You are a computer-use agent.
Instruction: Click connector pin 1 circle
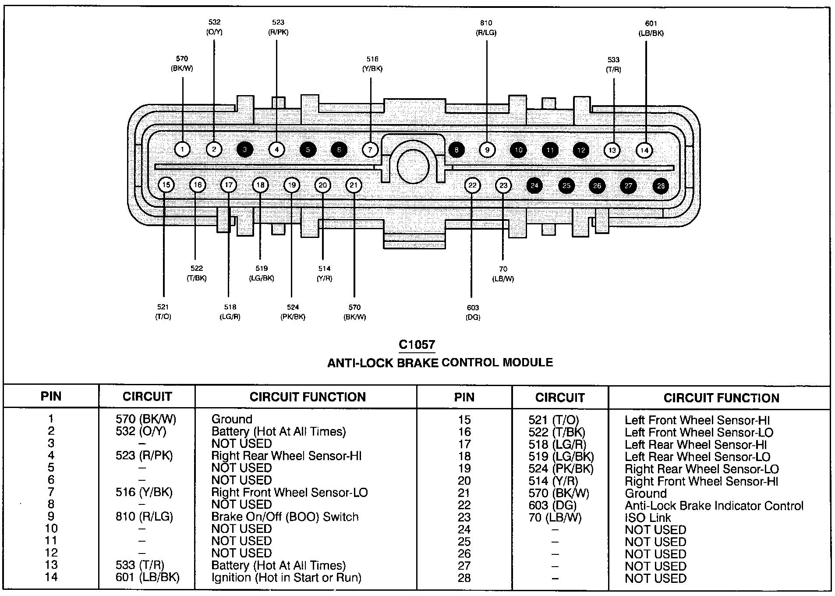tap(182, 149)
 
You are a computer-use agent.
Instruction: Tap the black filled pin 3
tap(245, 149)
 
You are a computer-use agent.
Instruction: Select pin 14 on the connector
tap(644, 150)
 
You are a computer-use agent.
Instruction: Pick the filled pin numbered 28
tap(661, 186)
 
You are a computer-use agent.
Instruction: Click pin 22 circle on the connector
tap(472, 185)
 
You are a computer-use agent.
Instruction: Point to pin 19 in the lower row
tap(292, 185)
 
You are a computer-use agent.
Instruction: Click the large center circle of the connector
tap(413, 166)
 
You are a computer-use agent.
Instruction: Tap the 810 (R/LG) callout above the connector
tap(486, 28)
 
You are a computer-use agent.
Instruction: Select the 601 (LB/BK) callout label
tap(651, 28)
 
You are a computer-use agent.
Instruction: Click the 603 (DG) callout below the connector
tap(473, 312)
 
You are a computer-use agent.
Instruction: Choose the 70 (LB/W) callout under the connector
tap(503, 274)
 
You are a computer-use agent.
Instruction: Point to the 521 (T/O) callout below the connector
tap(163, 312)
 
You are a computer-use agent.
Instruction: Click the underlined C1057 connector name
tap(417, 345)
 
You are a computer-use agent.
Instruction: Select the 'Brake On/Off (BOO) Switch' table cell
tap(285, 517)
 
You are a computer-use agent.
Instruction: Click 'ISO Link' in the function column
tap(647, 518)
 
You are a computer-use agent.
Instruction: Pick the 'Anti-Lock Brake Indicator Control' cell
tap(714, 506)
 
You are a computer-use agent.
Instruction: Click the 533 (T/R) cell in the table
tap(140, 565)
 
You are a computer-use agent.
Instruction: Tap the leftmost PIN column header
tap(51, 397)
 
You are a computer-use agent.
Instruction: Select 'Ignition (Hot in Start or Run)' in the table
tap(286, 578)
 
